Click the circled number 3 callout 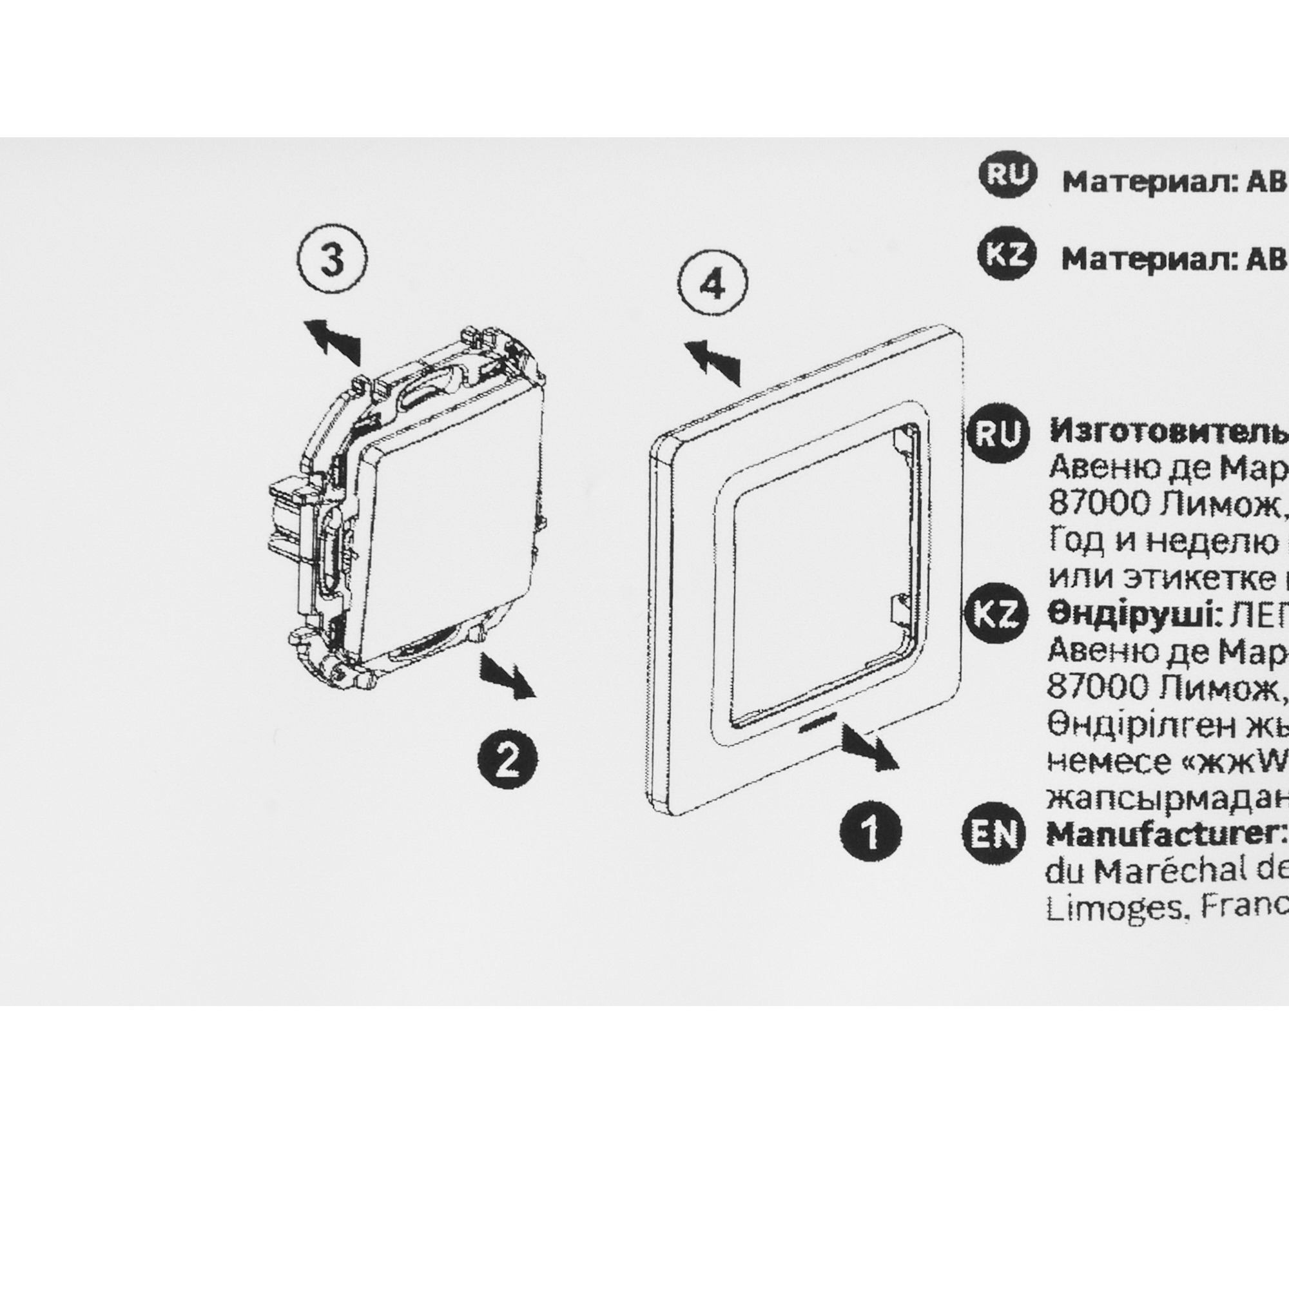pos(331,259)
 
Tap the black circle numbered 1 pos(870,830)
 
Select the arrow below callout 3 pos(333,338)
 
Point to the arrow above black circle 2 pos(508,675)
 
